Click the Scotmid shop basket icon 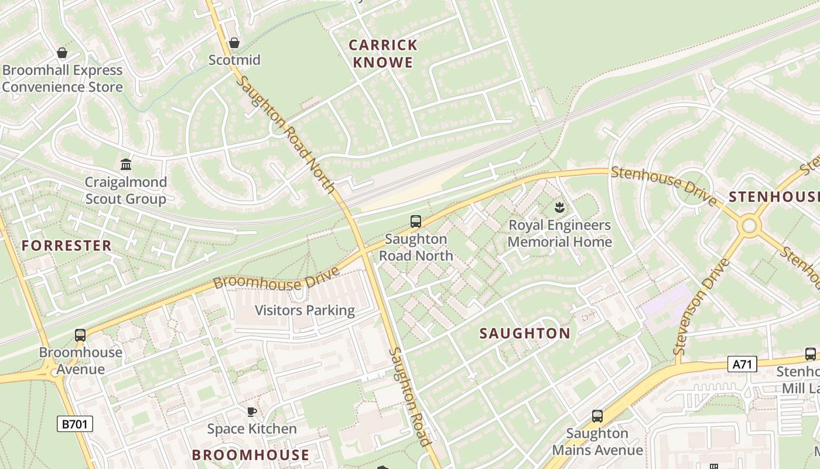pos(234,43)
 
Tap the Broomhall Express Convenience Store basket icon pos(62,53)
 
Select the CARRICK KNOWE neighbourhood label pos(383,53)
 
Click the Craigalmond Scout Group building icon pos(126,164)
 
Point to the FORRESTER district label pos(66,246)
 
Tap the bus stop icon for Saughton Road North pos(416,222)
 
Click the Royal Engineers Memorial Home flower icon pos(559,207)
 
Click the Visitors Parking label pos(305,310)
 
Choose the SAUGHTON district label pos(525,334)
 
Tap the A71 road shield pos(742,364)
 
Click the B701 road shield pos(75,424)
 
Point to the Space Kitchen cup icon pos(252,412)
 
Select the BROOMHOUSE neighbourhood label pos(251,455)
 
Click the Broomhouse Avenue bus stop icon pos(80,335)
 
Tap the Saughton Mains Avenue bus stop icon pos(597,416)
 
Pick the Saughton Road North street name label pos(286,134)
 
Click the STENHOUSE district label pos(773,197)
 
